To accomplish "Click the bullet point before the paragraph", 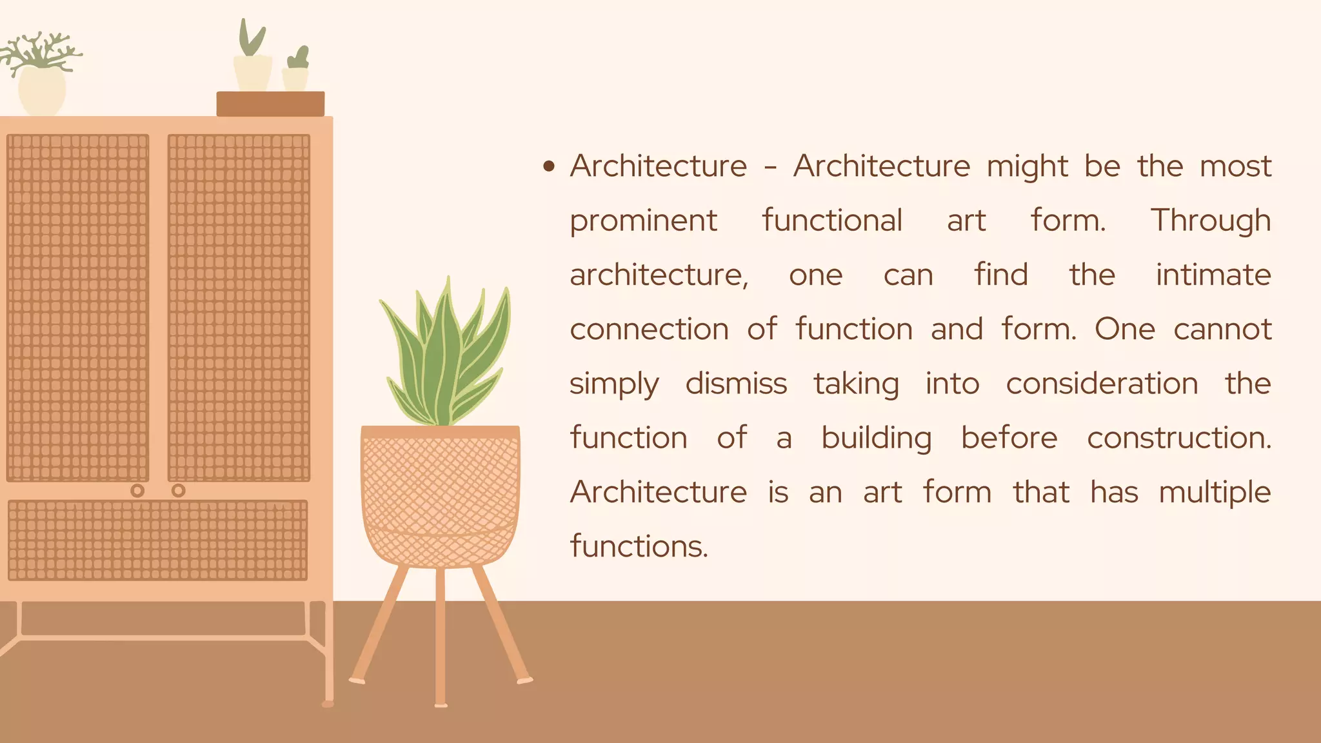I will point(549,167).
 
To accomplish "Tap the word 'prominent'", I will point(643,221).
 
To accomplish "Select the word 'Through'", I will point(1211,221).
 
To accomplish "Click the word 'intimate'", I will point(1213,275).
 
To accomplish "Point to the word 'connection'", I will point(649,330).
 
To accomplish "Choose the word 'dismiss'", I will point(736,384).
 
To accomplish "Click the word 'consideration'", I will point(1102,384).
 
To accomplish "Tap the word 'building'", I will point(876,439).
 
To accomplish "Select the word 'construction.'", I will point(1178,439).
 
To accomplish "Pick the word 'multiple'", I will point(1215,493).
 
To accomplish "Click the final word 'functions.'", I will point(639,547).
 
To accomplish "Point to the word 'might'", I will point(1027,167).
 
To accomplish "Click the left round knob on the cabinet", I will point(137,491).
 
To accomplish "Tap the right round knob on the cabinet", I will point(179,491).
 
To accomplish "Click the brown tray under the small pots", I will point(270,104).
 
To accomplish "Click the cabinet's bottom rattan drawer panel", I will point(157,540).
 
